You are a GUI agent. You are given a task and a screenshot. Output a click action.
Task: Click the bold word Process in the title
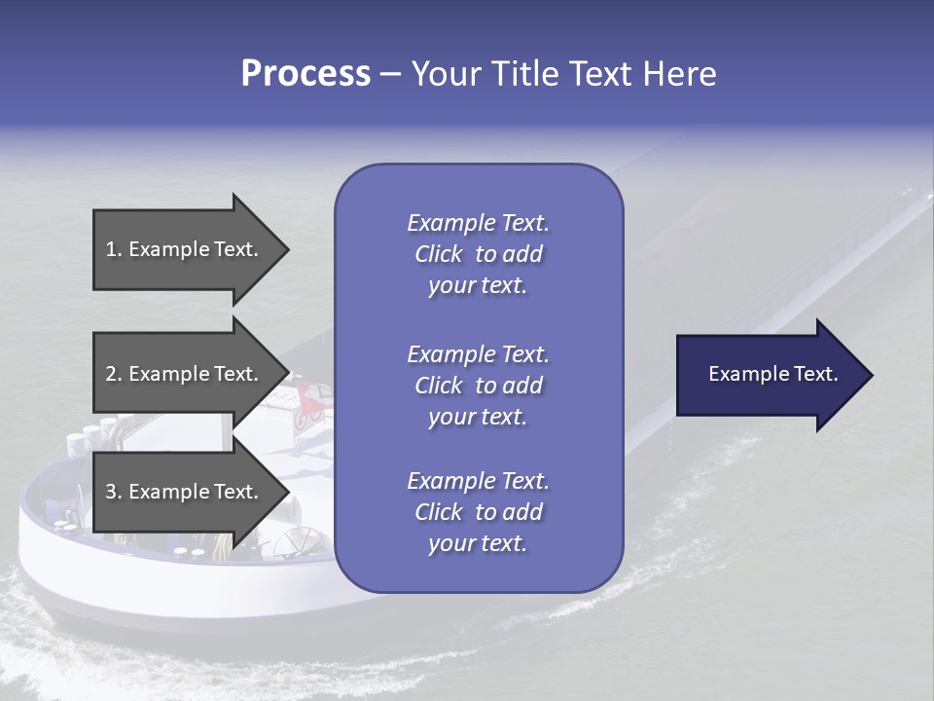[305, 73]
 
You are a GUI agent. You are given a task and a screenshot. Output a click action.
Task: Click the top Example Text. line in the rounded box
[478, 223]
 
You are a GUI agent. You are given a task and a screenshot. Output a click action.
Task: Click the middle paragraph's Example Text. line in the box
[478, 353]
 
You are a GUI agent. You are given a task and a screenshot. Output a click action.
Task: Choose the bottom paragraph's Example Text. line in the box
[478, 481]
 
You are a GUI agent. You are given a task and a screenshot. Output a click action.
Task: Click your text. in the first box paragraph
[478, 286]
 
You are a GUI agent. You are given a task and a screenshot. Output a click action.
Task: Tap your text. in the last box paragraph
[478, 544]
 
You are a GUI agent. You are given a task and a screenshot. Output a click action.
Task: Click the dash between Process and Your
[391, 74]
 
